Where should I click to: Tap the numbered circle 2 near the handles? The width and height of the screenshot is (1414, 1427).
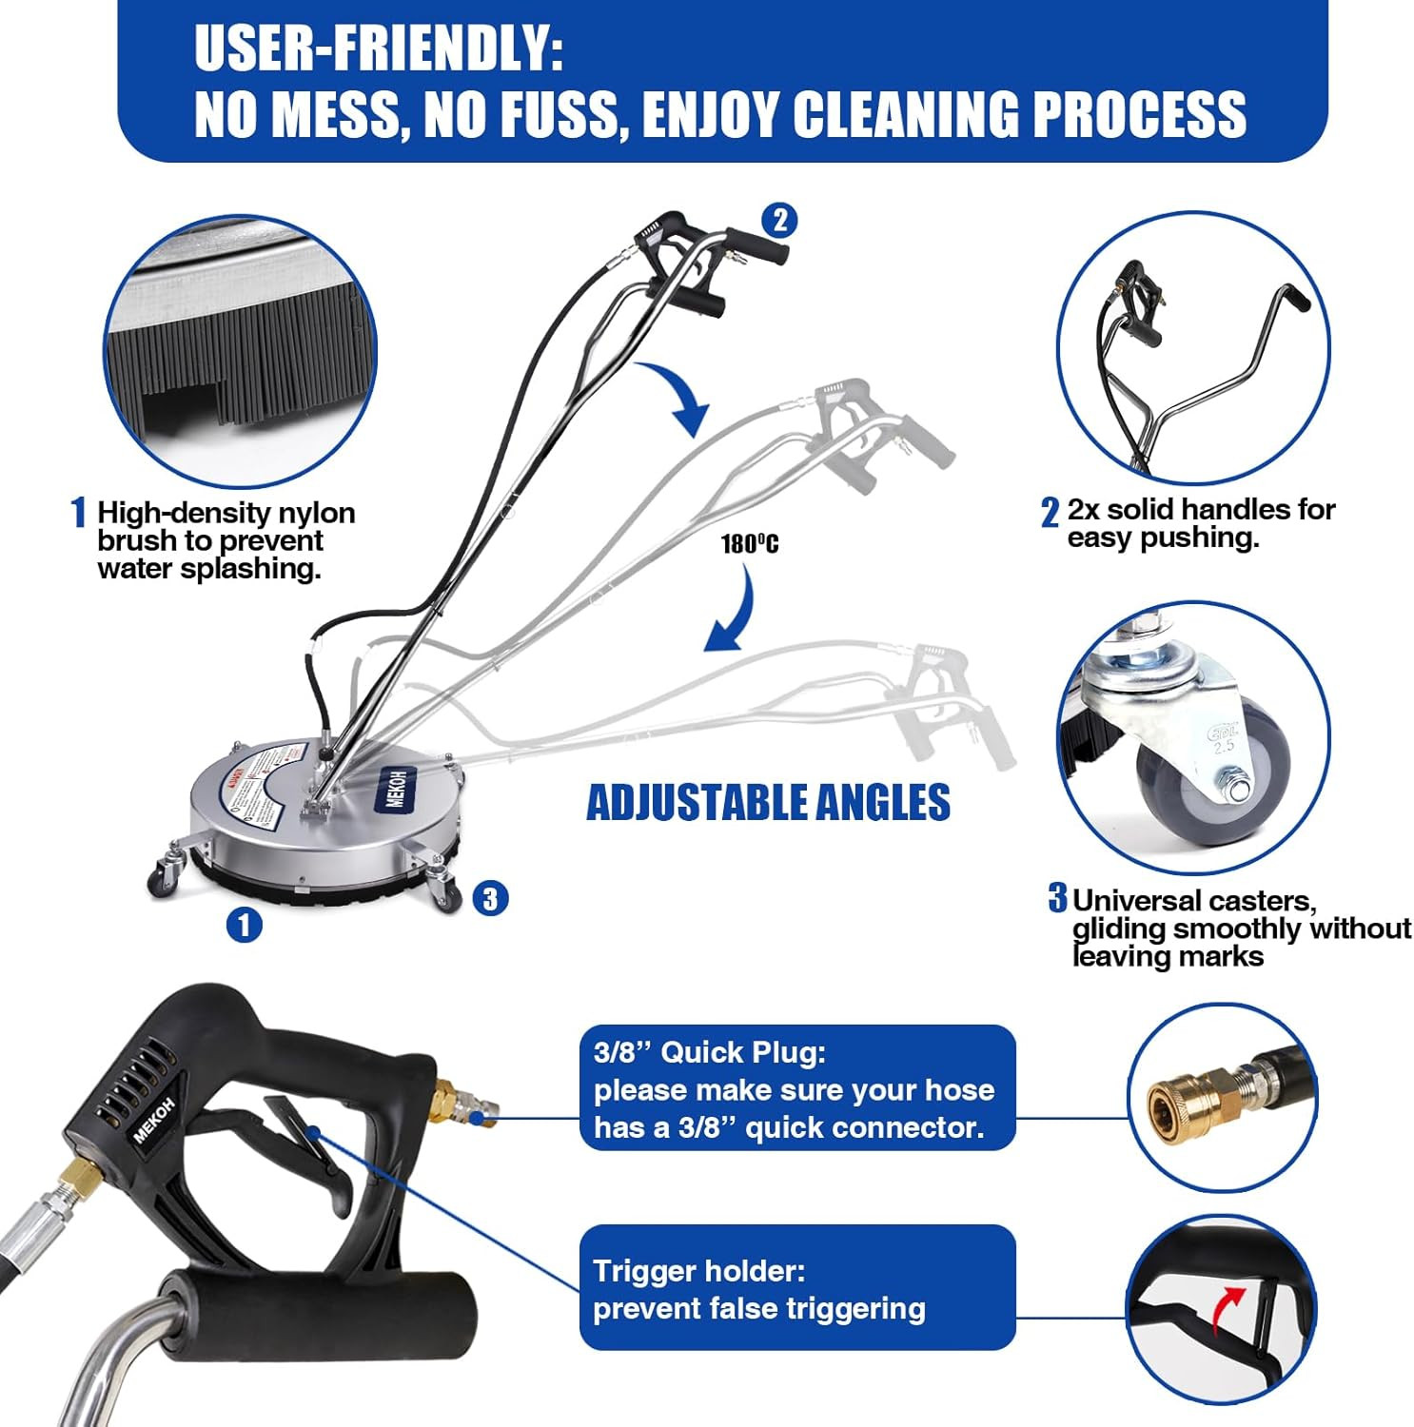[779, 221]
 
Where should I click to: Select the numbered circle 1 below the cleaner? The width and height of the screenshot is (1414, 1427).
[245, 924]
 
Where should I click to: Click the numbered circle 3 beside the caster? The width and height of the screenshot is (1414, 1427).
[489, 897]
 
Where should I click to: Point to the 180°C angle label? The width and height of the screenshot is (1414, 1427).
[749, 544]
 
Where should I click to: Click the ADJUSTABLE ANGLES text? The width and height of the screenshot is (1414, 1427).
[768, 802]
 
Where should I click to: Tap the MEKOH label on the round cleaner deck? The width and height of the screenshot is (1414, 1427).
[396, 788]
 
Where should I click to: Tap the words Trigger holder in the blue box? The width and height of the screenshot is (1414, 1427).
[698, 1271]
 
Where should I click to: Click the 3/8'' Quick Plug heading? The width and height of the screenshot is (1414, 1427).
[710, 1052]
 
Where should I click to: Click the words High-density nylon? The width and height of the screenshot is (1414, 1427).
[226, 513]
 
